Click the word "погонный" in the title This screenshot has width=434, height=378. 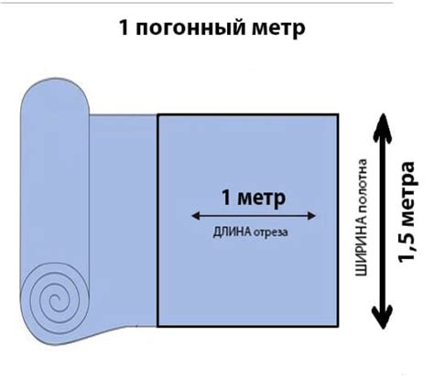coord(190,28)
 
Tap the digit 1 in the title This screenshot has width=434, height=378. coord(124,27)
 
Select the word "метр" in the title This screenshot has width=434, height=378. coord(279,29)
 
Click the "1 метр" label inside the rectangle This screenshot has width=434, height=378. coord(254,199)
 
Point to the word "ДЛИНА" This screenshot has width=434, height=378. coord(233,232)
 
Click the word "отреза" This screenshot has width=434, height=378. coord(271,233)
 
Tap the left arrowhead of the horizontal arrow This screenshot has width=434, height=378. coord(195,216)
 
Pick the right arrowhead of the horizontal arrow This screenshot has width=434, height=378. coord(311,216)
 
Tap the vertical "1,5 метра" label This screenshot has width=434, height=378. coord(407,211)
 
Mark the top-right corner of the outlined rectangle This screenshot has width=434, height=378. coord(338,114)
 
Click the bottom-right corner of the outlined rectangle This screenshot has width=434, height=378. coord(338,327)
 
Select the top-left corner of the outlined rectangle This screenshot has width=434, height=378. coord(157,114)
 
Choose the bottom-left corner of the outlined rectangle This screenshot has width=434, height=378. coord(157,327)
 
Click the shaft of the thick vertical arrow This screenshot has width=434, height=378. coord(383,221)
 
